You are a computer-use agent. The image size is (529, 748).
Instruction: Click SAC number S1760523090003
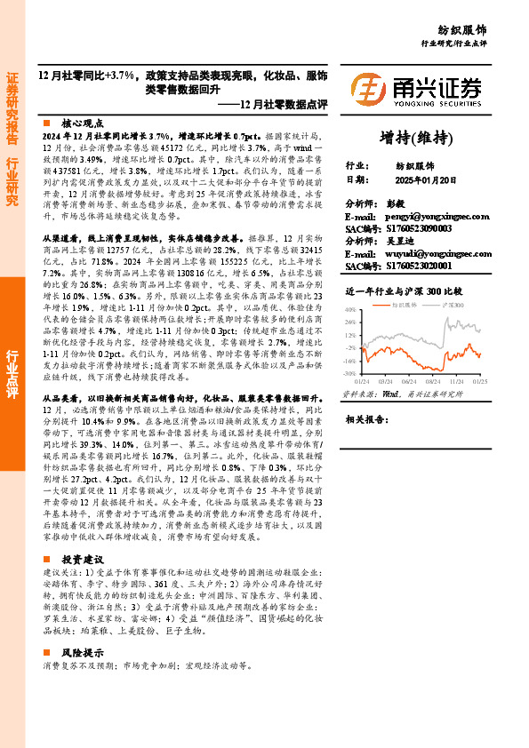click(417, 228)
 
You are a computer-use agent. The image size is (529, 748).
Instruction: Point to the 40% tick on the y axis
click(351, 309)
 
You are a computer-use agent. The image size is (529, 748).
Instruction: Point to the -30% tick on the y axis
click(350, 374)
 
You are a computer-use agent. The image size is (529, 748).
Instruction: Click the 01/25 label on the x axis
click(479, 380)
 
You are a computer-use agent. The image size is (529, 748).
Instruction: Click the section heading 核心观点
click(82, 123)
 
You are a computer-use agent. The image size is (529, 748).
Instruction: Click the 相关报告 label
click(365, 418)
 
